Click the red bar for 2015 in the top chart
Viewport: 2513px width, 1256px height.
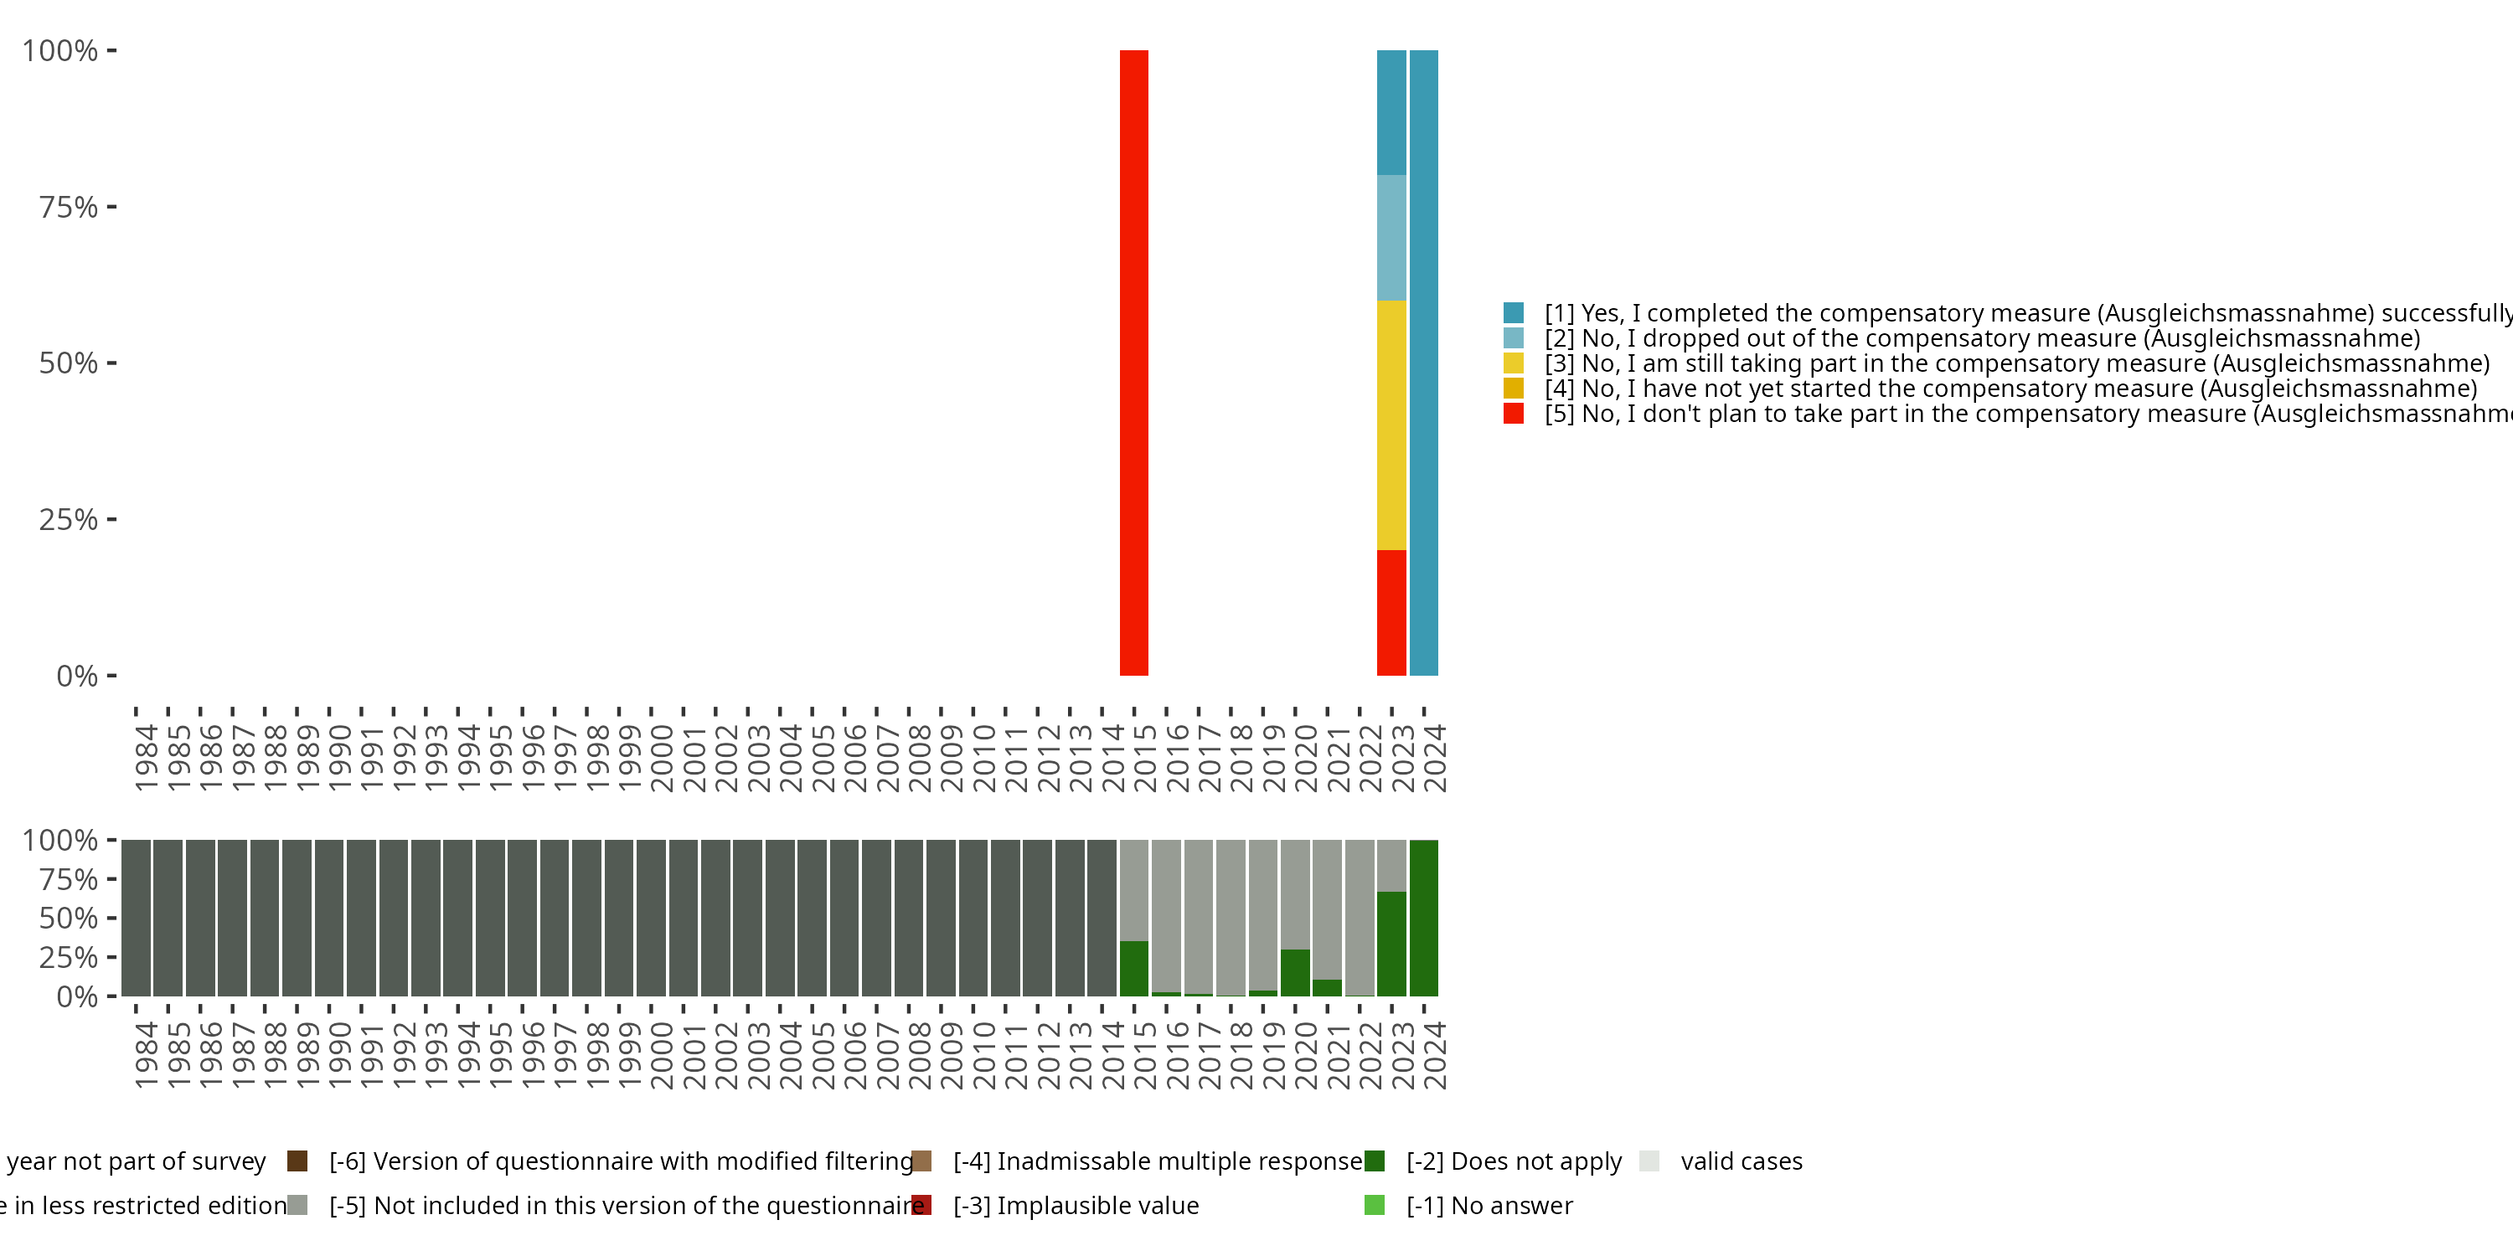(1133, 362)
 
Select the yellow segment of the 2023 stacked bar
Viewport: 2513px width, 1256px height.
(1391, 425)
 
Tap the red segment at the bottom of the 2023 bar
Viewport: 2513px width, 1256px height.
(1391, 612)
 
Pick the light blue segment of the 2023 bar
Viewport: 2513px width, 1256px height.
(1391, 237)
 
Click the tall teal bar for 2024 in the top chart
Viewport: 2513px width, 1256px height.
(1424, 362)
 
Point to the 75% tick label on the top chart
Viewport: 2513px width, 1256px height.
(69, 207)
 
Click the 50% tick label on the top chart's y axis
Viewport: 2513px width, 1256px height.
(69, 363)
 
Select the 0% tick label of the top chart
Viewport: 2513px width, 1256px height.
(77, 676)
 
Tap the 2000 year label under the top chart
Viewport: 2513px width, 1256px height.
(662, 758)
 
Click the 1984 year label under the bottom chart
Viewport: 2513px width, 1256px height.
(147, 1055)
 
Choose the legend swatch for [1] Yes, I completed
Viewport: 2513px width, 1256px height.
(1513, 313)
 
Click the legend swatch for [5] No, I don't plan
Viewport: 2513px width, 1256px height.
(1513, 414)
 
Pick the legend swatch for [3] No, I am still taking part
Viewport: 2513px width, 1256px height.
(1513, 363)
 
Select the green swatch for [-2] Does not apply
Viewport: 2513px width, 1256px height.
(1375, 1161)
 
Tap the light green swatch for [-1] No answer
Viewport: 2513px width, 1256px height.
(1375, 1205)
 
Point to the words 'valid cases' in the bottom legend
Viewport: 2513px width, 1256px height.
(1742, 1161)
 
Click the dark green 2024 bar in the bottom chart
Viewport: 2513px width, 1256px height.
(1424, 918)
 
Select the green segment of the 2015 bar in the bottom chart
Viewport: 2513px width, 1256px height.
(1133, 968)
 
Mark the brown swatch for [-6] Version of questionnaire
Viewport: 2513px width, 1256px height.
(297, 1161)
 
